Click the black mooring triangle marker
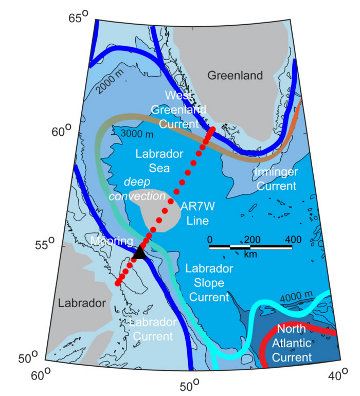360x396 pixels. (x=139, y=256)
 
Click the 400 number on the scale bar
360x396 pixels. (x=292, y=240)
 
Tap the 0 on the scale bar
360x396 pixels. (x=210, y=240)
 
